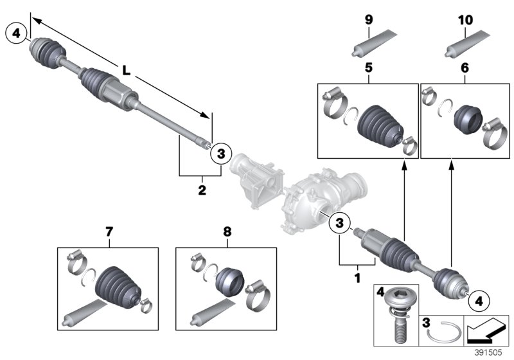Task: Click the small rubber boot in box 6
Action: click(467, 120)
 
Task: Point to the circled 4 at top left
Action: click(16, 32)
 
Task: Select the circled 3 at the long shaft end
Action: click(220, 153)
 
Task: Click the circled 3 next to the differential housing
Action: click(339, 223)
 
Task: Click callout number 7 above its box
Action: click(108, 230)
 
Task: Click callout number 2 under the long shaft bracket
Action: click(202, 190)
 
